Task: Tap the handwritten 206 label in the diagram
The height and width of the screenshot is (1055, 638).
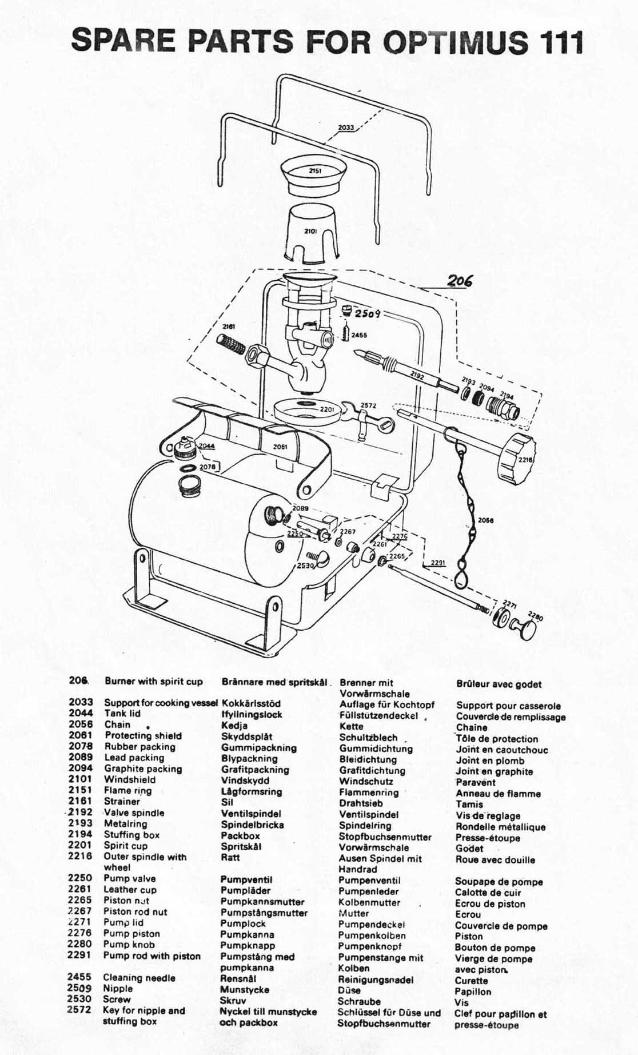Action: [460, 281]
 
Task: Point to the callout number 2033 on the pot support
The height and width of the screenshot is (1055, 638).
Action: [346, 128]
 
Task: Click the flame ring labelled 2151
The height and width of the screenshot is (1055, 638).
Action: [315, 174]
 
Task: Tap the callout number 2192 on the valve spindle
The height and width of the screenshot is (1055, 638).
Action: [417, 376]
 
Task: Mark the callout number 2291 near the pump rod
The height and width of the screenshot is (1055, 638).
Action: [437, 563]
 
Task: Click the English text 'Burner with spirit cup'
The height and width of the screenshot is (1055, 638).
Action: [153, 681]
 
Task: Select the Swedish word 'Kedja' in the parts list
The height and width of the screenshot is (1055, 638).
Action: [234, 726]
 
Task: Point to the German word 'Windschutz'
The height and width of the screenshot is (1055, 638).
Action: [366, 781]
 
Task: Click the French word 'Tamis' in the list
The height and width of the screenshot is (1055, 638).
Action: [469, 804]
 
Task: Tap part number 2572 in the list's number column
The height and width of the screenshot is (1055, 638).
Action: [79, 1010]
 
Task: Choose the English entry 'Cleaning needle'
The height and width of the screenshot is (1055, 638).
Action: [139, 978]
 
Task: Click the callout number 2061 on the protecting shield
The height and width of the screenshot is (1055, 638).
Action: [280, 447]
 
